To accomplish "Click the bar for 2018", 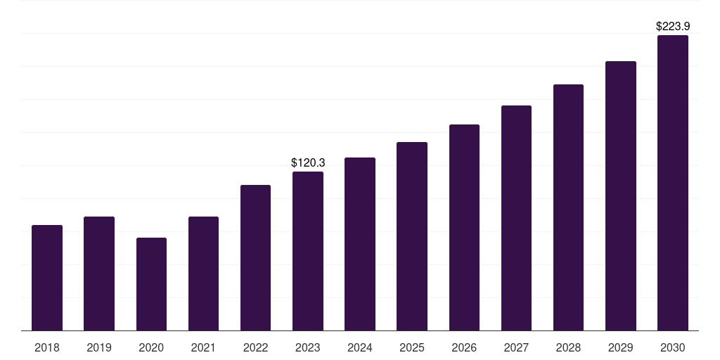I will pyautogui.click(x=47, y=278).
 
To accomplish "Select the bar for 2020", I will pyautogui.click(x=151, y=284).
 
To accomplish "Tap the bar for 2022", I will pyautogui.click(x=255, y=257).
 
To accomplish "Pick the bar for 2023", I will pyautogui.click(x=308, y=251).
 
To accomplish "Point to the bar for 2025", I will pyautogui.click(x=412, y=236).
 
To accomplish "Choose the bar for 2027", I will pyautogui.click(x=516, y=218).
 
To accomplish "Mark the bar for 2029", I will pyautogui.click(x=621, y=195).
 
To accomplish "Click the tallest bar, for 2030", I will pyautogui.click(x=673, y=183).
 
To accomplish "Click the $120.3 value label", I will pyautogui.click(x=308, y=163).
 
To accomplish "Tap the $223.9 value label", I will pyautogui.click(x=673, y=27).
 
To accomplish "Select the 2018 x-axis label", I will pyautogui.click(x=47, y=347).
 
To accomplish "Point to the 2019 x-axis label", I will pyautogui.click(x=99, y=347).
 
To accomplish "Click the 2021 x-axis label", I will pyautogui.click(x=203, y=347).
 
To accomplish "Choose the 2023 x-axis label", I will pyautogui.click(x=308, y=347).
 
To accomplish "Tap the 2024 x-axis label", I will pyautogui.click(x=360, y=347).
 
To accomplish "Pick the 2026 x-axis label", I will pyautogui.click(x=464, y=347).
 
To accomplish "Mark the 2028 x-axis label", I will pyautogui.click(x=568, y=347).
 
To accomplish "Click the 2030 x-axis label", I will pyautogui.click(x=673, y=347).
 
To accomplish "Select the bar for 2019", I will pyautogui.click(x=99, y=274).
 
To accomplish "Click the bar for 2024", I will pyautogui.click(x=360, y=244).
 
